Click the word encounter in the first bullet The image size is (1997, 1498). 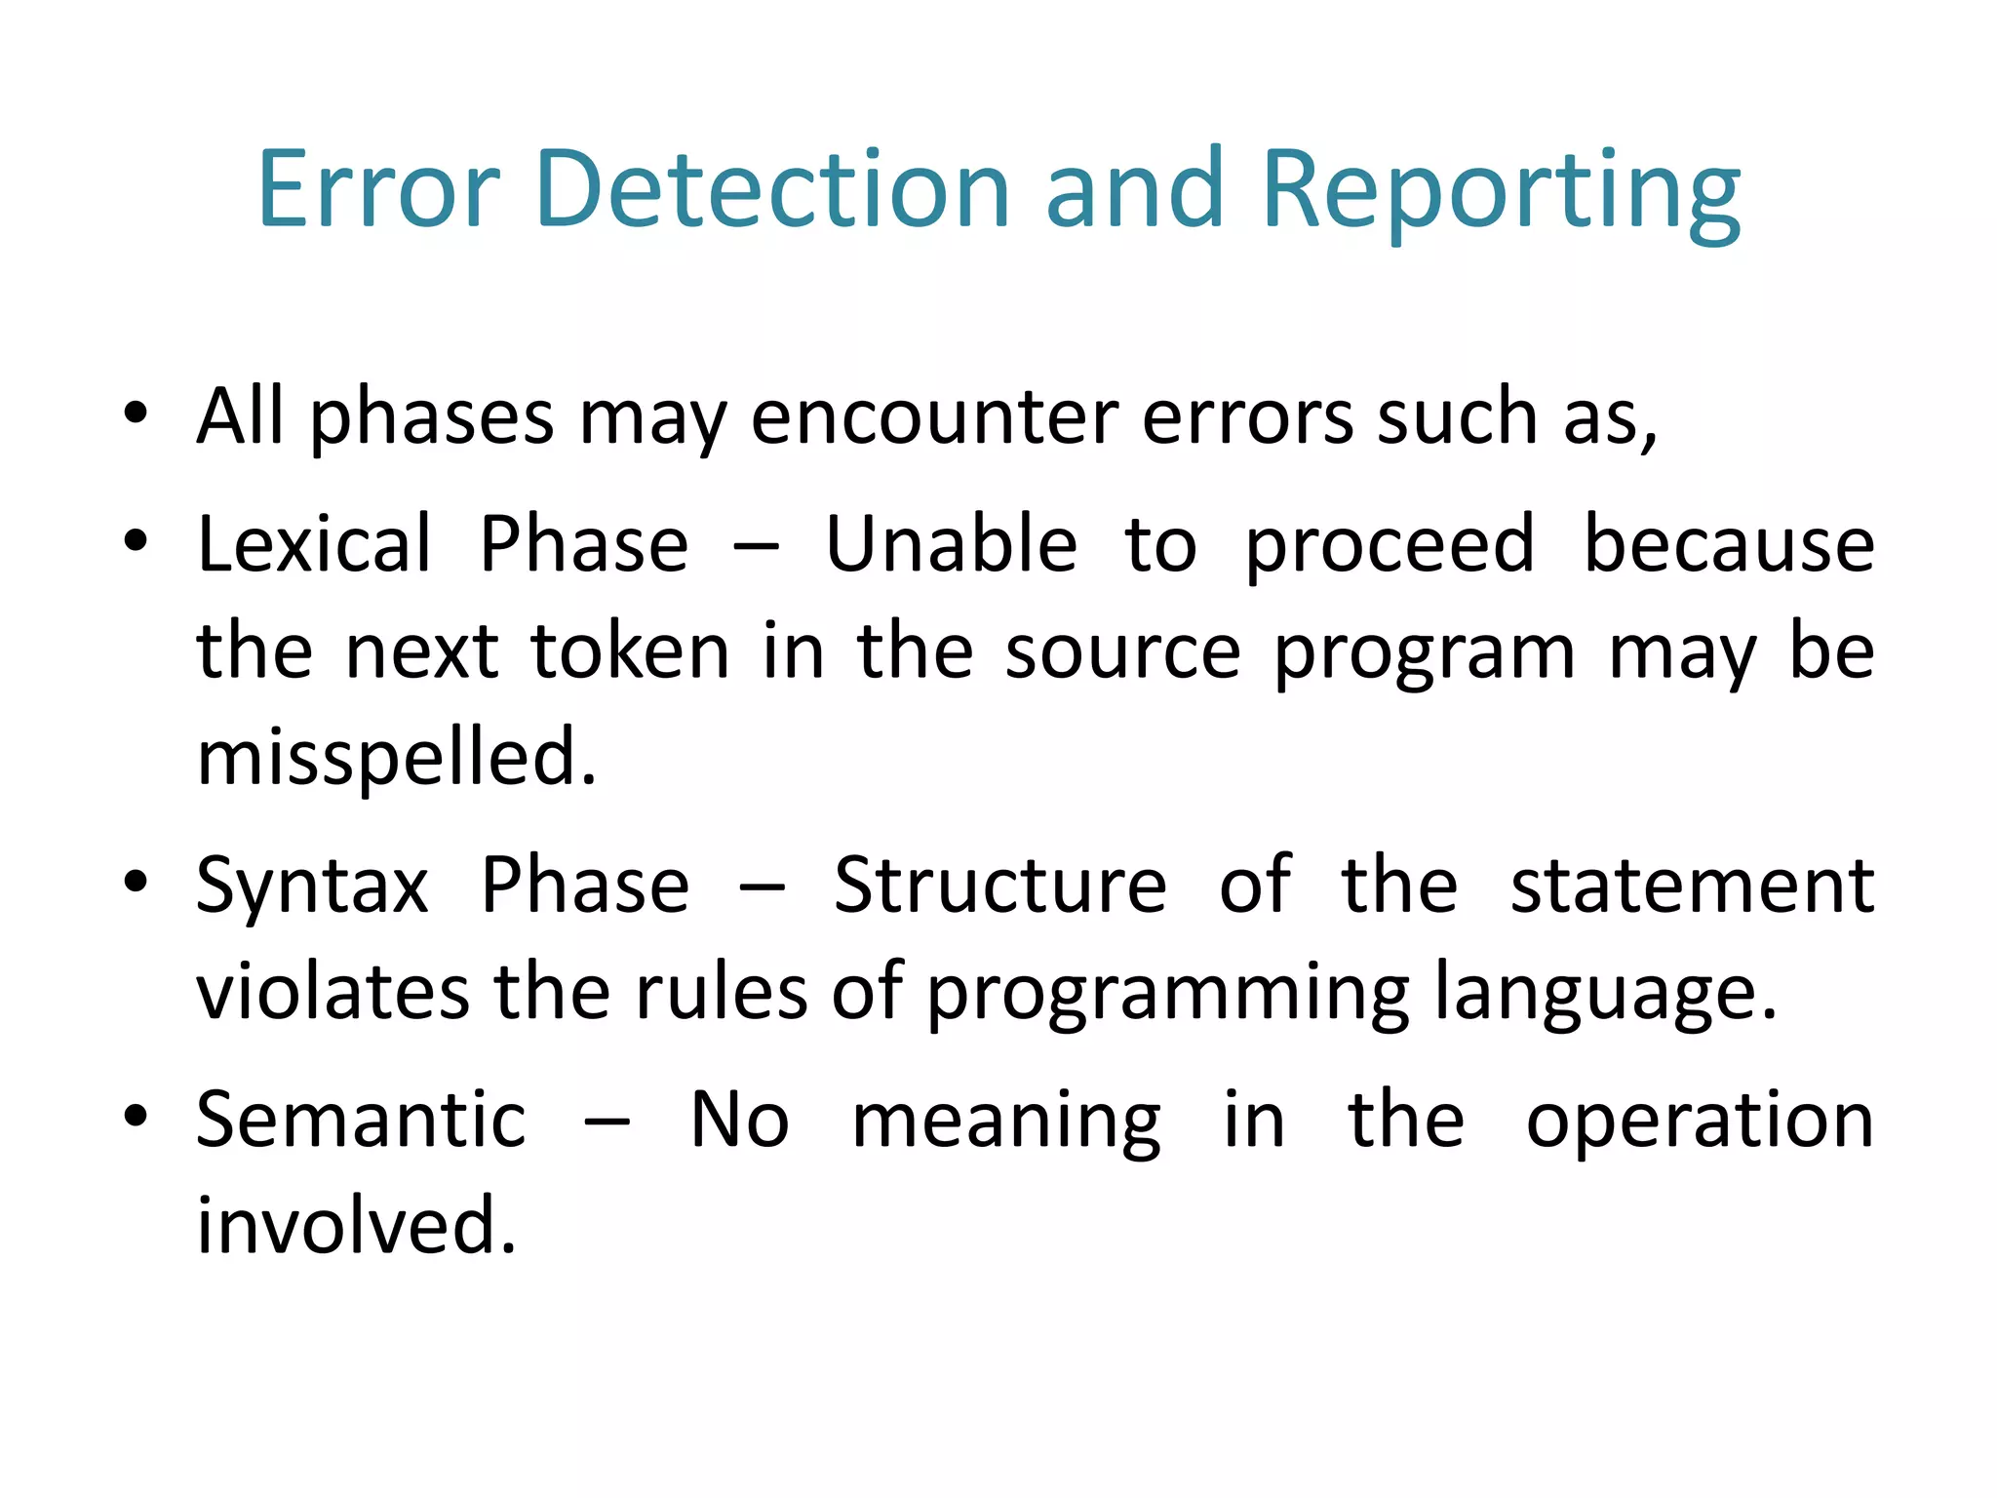(x=934, y=417)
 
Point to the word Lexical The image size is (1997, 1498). (x=313, y=544)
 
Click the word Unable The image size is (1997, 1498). (x=951, y=544)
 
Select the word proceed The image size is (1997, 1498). (x=1390, y=546)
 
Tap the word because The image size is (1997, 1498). (x=1728, y=544)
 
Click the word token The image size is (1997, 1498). (x=630, y=651)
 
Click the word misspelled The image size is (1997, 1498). (x=395, y=759)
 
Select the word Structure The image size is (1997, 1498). (x=999, y=886)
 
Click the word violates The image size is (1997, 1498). (x=333, y=993)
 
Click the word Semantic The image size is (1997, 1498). (x=361, y=1120)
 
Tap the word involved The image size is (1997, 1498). (x=355, y=1226)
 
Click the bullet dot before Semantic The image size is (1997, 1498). (x=136, y=1115)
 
